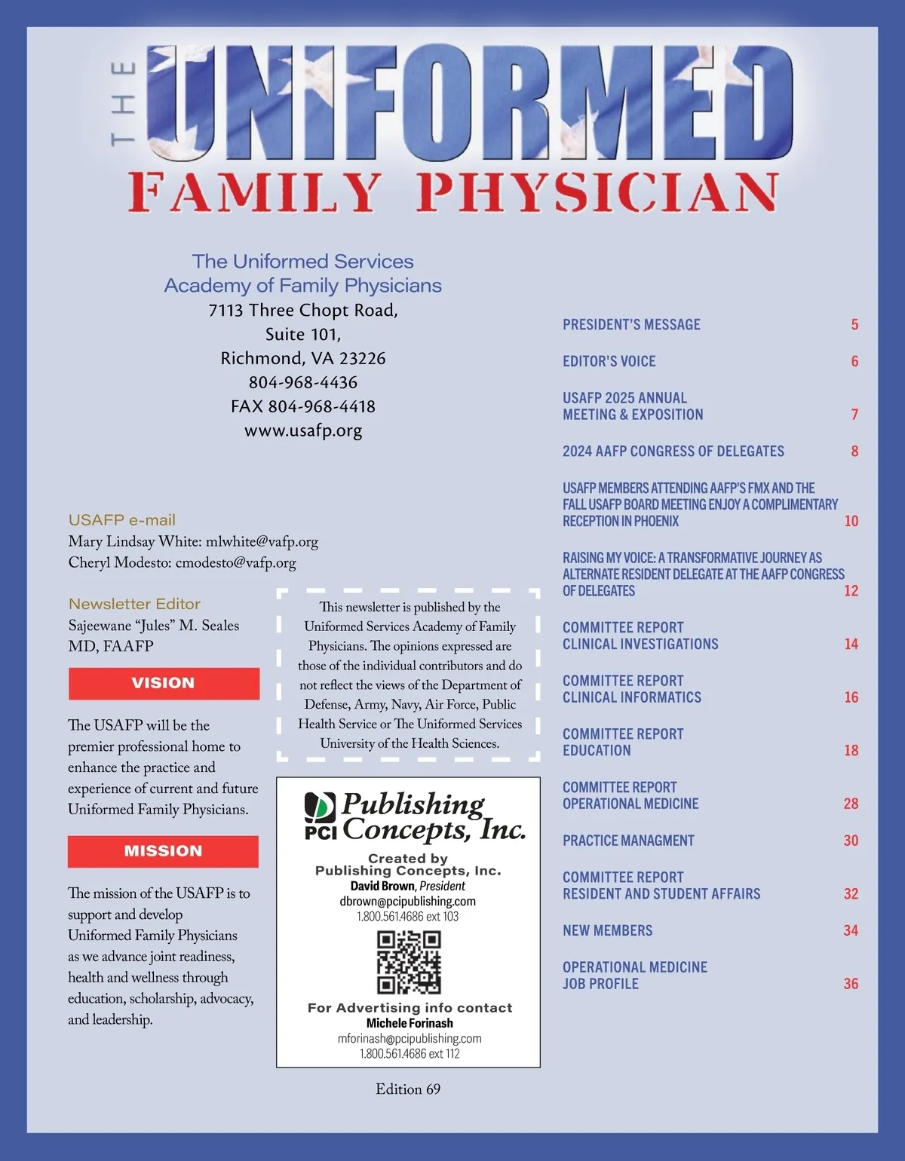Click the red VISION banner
pyautogui.click(x=164, y=683)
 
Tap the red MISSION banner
pyautogui.click(x=163, y=851)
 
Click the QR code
pyautogui.click(x=409, y=962)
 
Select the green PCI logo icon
pyautogui.click(x=320, y=808)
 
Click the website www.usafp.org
pyautogui.click(x=303, y=430)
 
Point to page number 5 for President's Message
pyautogui.click(x=854, y=325)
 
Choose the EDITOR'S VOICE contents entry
pyautogui.click(x=609, y=362)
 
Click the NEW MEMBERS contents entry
pyautogui.click(x=607, y=931)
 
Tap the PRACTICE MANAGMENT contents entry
pyautogui.click(x=628, y=841)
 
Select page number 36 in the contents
pyautogui.click(x=851, y=984)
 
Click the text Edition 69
pyautogui.click(x=408, y=1089)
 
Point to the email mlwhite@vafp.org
pyautogui.click(x=262, y=542)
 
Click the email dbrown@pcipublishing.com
pyautogui.click(x=408, y=902)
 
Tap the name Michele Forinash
pyautogui.click(x=410, y=1023)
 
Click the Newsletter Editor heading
pyautogui.click(x=134, y=604)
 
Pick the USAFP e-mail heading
pyautogui.click(x=121, y=520)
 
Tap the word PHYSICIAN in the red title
pyautogui.click(x=597, y=193)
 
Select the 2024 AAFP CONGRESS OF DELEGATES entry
pyautogui.click(x=673, y=452)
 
